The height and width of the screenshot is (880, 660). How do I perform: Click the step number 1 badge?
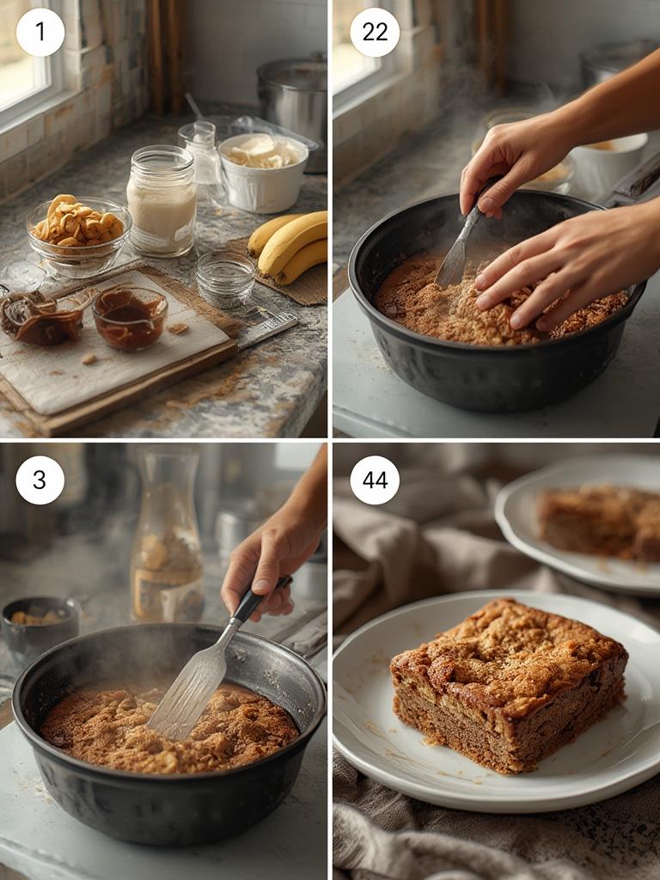40,33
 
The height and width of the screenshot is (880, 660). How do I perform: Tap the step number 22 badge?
375,33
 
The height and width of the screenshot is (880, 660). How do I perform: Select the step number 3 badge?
40,480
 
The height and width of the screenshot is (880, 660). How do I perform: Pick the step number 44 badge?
375,480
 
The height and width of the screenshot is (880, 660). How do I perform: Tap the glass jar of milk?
162,201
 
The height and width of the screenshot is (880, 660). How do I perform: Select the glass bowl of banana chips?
77,232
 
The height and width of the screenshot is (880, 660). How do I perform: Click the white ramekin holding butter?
263,172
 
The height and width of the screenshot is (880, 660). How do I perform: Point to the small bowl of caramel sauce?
130,318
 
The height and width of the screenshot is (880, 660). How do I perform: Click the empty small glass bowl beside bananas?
224,278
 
